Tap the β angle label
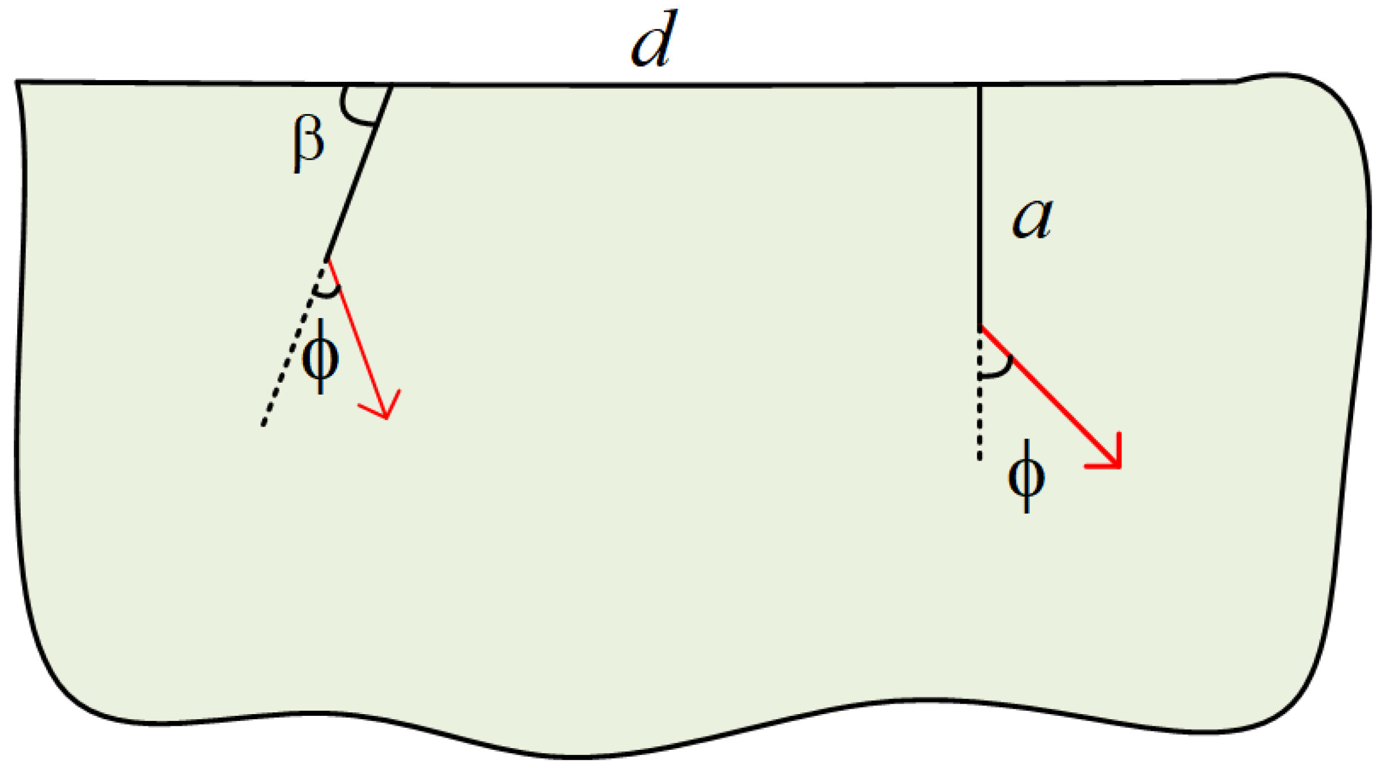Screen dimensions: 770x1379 pos(308,145)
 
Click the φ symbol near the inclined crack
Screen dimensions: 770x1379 pos(320,357)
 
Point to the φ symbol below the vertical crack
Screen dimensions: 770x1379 pos(1026,476)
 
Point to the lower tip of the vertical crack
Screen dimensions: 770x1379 pos(980,327)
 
